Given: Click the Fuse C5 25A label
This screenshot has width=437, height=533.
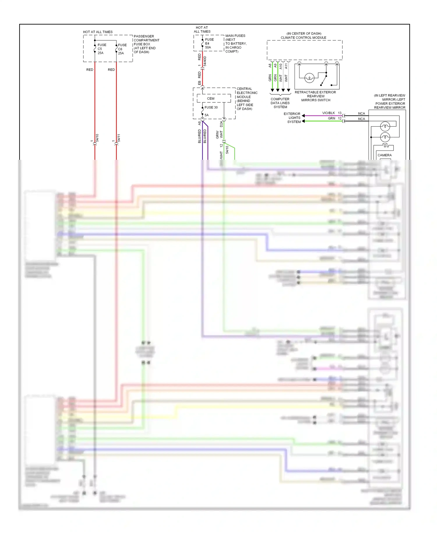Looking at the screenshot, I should click(x=101, y=49).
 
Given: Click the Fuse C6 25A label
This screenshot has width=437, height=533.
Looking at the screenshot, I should click(x=122, y=49).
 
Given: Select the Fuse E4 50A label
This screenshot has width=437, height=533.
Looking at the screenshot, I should click(x=209, y=43).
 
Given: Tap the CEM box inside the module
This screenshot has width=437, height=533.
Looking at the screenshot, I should click(x=211, y=99).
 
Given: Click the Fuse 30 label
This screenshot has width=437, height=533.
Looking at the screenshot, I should click(x=211, y=107).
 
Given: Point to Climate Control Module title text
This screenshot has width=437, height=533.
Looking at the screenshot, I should click(x=303, y=38).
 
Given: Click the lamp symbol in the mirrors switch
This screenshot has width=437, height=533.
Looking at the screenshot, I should click(x=309, y=78).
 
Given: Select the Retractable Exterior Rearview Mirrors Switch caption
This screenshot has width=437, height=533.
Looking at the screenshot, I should click(x=315, y=96).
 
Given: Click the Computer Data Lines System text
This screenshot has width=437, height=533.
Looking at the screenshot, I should click(x=280, y=103).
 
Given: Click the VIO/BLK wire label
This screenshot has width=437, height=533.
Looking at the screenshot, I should click(x=328, y=113).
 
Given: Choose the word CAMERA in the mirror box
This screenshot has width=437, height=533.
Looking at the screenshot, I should click(x=384, y=155).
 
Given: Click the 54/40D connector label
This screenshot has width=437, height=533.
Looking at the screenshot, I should click(x=205, y=61).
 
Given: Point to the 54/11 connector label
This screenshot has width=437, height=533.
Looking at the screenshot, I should click(x=119, y=138).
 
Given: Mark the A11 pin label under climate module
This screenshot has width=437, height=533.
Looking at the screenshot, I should click(x=286, y=66).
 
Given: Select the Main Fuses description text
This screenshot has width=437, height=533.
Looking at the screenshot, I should click(x=235, y=43).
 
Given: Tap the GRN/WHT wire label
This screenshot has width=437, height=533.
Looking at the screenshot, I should click(x=219, y=134).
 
